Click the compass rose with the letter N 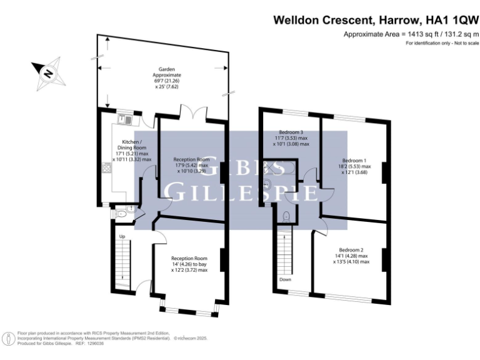click(47, 72)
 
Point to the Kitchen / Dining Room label click(132, 151)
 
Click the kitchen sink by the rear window click(125, 118)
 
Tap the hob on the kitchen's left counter click(106, 167)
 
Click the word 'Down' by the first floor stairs click(285, 279)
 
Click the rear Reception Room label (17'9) click(191, 165)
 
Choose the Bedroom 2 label click(351, 256)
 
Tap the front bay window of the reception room click(188, 309)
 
